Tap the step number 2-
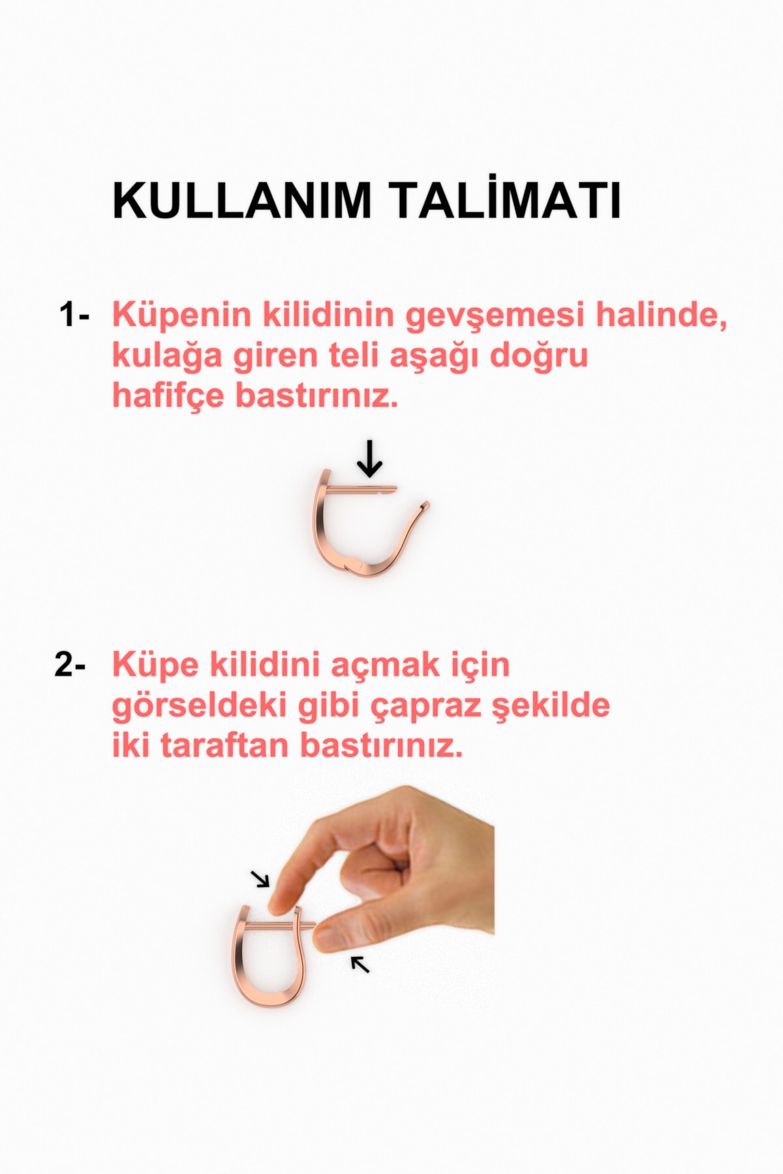(70, 665)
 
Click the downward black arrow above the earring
(370, 459)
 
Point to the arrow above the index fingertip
(261, 879)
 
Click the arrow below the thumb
(360, 963)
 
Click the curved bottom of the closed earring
(271, 997)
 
